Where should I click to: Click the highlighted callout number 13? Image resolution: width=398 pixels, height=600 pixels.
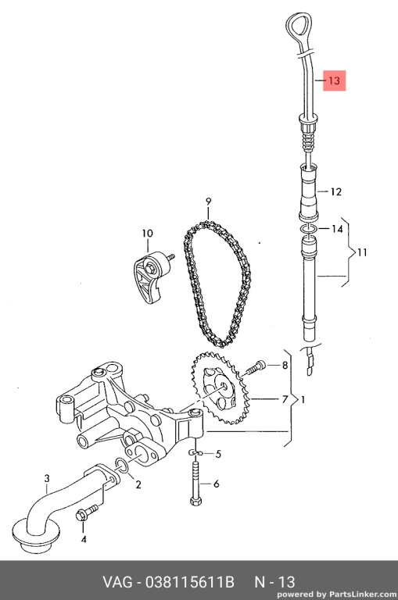click(x=334, y=80)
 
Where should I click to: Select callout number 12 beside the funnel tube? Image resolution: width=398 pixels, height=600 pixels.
click(x=335, y=191)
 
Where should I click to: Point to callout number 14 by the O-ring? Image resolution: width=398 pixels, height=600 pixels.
click(x=337, y=229)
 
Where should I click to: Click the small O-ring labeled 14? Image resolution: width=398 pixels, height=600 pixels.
click(x=308, y=229)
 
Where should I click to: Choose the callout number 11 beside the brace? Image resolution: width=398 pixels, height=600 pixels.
click(x=362, y=252)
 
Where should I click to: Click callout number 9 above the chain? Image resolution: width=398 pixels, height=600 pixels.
click(x=209, y=201)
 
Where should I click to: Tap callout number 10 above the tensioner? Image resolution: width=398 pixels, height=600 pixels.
click(x=148, y=233)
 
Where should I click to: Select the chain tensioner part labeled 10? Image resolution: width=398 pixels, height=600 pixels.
click(x=151, y=277)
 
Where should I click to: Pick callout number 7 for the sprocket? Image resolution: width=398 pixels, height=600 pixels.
click(x=285, y=399)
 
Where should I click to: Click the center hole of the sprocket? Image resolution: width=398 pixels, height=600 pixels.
click(x=224, y=387)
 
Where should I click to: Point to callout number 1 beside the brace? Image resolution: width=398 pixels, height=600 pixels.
click(x=303, y=400)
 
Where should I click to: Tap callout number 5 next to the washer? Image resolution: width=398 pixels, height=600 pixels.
click(x=218, y=454)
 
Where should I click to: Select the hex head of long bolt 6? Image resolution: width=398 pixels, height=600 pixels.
click(x=195, y=500)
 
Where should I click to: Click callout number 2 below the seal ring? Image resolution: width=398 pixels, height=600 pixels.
click(x=138, y=484)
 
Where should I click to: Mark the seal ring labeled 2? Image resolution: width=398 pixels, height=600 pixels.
click(x=122, y=465)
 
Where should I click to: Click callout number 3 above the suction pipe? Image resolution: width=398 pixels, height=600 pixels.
click(x=47, y=478)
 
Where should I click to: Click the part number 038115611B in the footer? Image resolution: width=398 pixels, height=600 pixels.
click(x=189, y=582)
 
